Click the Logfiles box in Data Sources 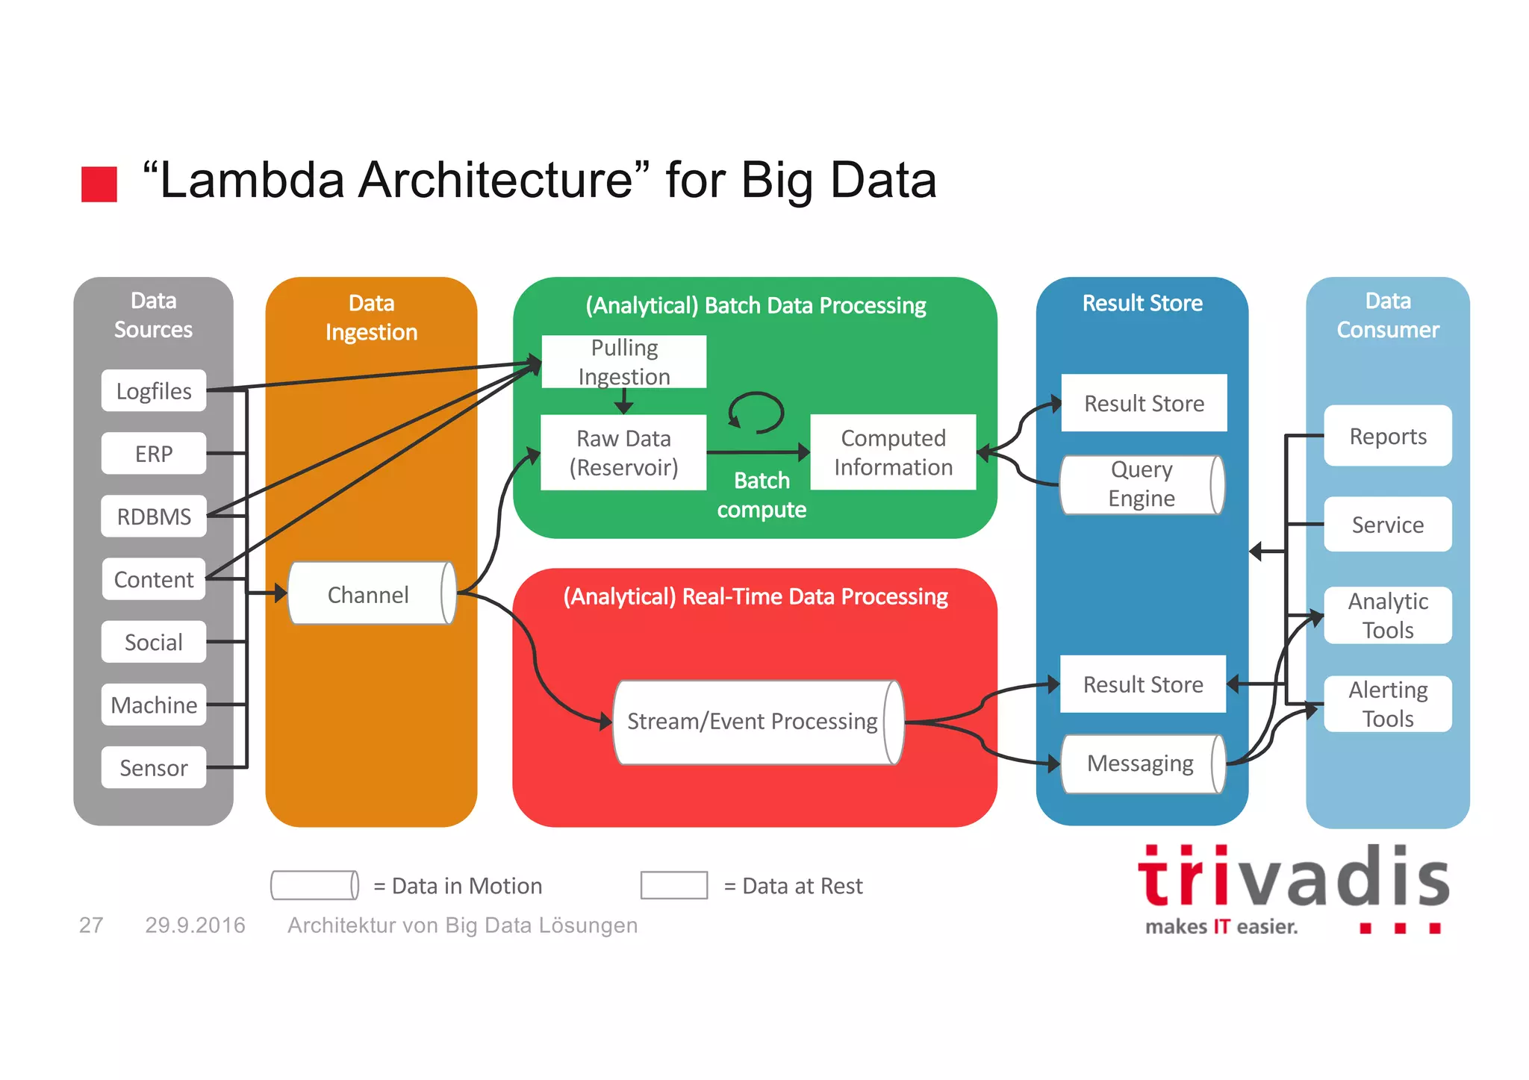click(x=154, y=390)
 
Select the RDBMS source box click(x=154, y=516)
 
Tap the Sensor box click(x=154, y=767)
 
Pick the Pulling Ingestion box click(x=624, y=362)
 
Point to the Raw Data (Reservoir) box click(x=623, y=452)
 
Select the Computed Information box click(x=893, y=452)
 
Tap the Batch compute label click(x=762, y=494)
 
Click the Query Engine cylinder click(x=1142, y=484)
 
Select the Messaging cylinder click(x=1142, y=764)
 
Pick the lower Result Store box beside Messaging click(x=1143, y=684)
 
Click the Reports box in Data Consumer click(x=1388, y=436)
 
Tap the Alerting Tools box click(x=1388, y=704)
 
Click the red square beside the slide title click(x=99, y=184)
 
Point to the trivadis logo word click(x=1293, y=878)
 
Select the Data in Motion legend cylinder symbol click(x=314, y=885)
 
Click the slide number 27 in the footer click(x=91, y=925)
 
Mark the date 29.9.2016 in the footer click(x=195, y=925)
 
